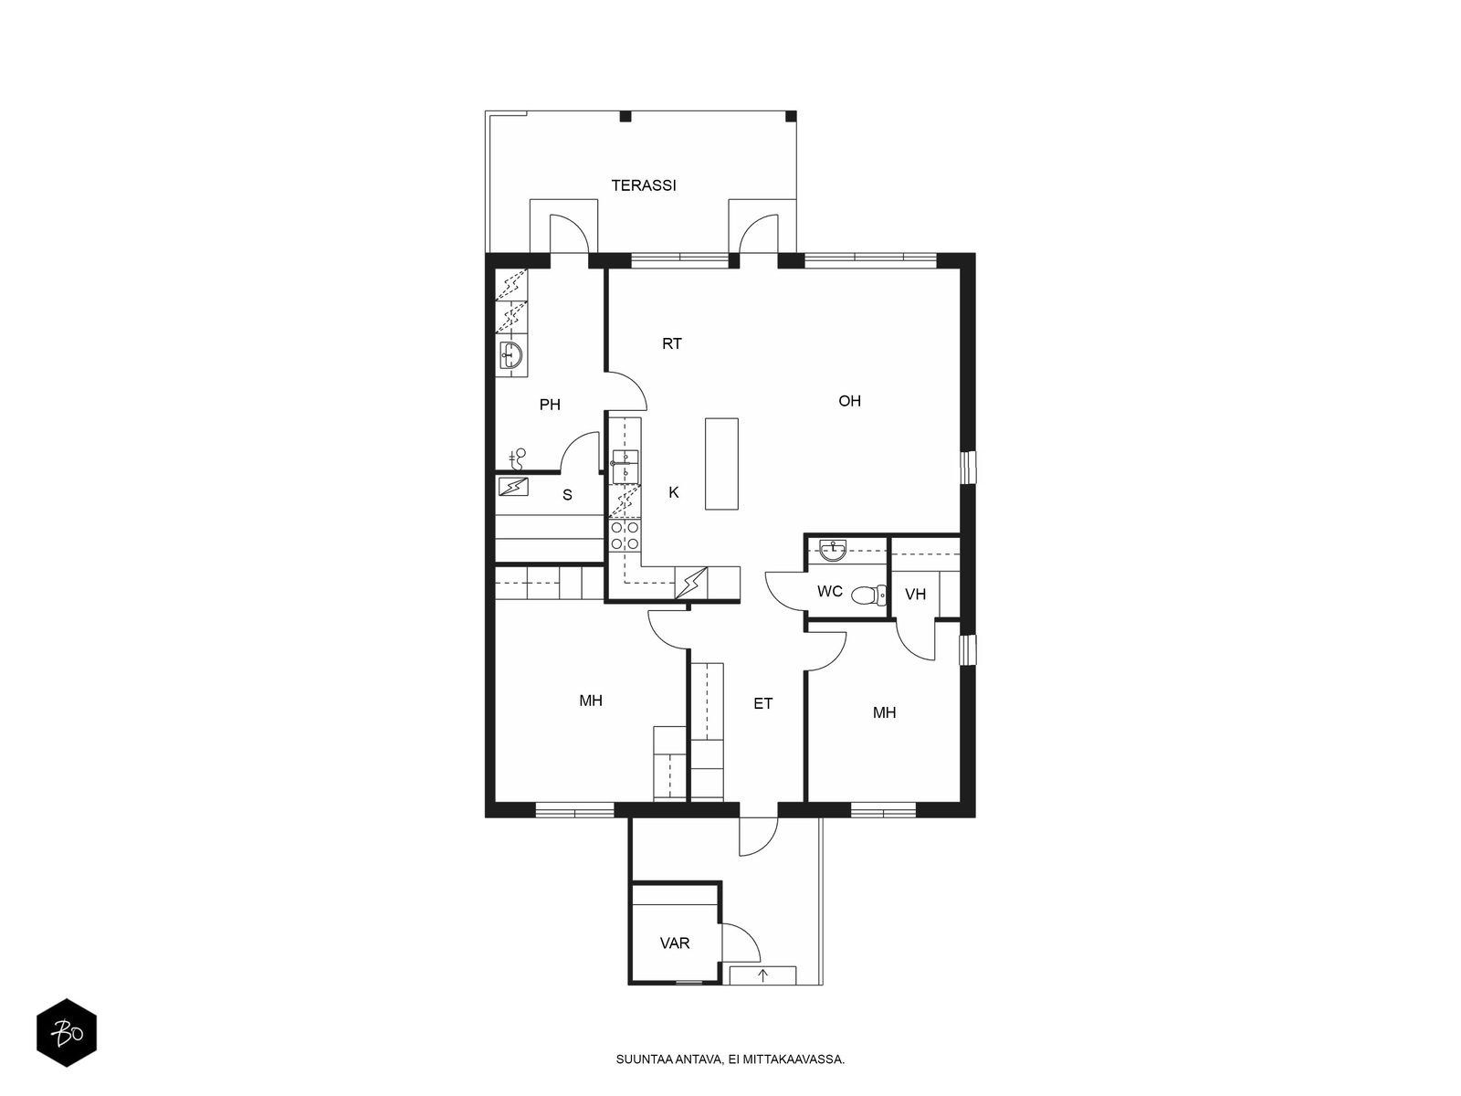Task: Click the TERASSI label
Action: tap(643, 185)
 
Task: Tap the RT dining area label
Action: tap(671, 343)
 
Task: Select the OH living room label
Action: tap(849, 401)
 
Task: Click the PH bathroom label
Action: tap(550, 405)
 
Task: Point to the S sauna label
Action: tap(567, 495)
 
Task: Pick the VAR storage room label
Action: tap(674, 943)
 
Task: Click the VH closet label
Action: tap(915, 595)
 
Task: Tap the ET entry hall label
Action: tap(762, 703)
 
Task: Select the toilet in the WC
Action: tap(868, 595)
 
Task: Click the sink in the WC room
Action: tap(833, 550)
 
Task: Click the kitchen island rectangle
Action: tap(721, 464)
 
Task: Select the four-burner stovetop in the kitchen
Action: tap(625, 536)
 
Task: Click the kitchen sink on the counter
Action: tap(625, 466)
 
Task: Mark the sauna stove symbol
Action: tap(513, 487)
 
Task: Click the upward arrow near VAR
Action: tap(763, 976)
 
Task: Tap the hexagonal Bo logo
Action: tap(67, 1033)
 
